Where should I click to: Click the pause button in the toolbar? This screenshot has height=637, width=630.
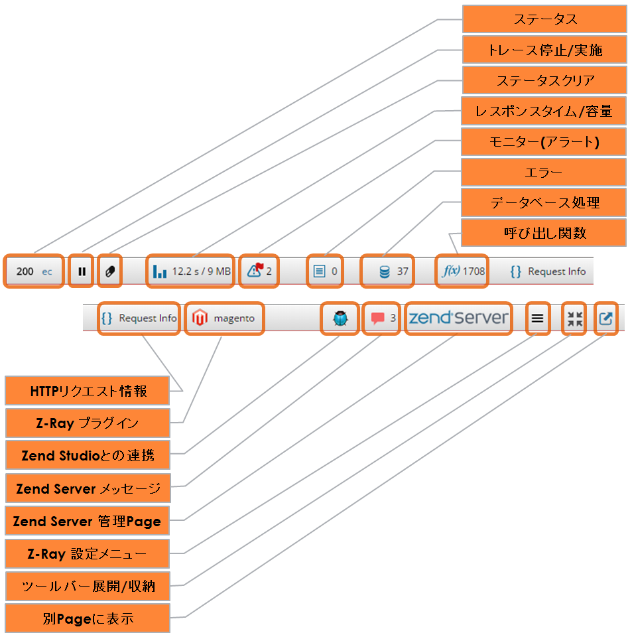82,271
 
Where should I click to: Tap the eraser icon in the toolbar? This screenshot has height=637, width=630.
109,271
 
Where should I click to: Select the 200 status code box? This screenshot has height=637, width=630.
34,271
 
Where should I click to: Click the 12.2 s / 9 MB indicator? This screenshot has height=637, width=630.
191,271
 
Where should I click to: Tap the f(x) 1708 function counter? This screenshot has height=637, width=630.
462,271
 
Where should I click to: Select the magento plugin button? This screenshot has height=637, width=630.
223,318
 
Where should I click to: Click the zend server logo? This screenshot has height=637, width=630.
458,318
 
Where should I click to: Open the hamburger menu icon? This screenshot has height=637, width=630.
537,318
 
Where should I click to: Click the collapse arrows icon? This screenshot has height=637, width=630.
574,318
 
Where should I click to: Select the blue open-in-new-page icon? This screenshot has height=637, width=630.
605,318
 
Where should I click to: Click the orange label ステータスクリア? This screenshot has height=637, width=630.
544,80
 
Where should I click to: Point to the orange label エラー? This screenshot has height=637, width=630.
544,173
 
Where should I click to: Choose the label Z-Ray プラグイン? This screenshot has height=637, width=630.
87,423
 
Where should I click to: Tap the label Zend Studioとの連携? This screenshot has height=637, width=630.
87,456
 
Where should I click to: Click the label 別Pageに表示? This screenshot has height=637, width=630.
87,618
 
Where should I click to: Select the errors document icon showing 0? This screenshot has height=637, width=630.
325,271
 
